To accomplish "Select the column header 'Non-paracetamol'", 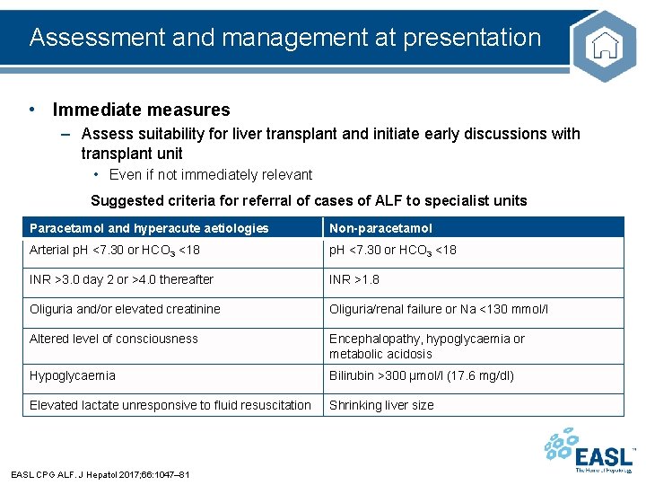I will (x=380, y=228).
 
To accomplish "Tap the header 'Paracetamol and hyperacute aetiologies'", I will (x=149, y=228).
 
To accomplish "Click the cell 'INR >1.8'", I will (x=354, y=279).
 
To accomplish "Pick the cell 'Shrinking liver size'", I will (x=381, y=405).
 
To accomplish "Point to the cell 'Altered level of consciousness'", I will (x=114, y=339).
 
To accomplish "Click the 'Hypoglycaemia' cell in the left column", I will (x=73, y=375).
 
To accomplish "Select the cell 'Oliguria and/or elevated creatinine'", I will (x=125, y=309).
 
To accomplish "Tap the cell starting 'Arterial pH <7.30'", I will (x=115, y=250).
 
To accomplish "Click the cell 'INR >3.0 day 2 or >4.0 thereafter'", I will (x=121, y=279).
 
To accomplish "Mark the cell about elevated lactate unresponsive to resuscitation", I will (x=170, y=405).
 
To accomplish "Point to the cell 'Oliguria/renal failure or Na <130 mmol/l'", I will (x=439, y=309).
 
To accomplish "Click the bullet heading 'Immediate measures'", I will (x=141, y=110).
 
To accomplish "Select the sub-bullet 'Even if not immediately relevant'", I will (x=211, y=175).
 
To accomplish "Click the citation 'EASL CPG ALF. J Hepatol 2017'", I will (x=99, y=474).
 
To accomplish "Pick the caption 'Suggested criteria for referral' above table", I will (x=309, y=201).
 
